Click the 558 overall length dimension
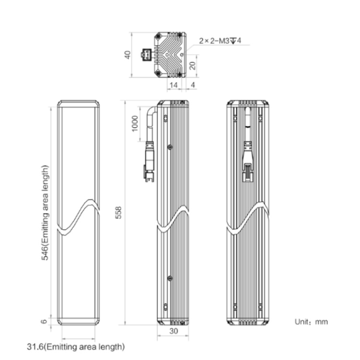[119, 213]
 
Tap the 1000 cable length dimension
[135, 124]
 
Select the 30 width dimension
[174, 331]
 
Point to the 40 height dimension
[128, 55]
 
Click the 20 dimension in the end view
[193, 66]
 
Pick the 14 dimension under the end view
[174, 85]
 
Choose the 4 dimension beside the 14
[193, 85]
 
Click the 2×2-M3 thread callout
[220, 41]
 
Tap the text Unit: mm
[311, 322]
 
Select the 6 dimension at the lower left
[44, 321]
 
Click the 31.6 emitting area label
[76, 347]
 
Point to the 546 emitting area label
[45, 213]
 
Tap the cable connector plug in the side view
[149, 162]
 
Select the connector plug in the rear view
[248, 161]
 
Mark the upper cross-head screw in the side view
[170, 147]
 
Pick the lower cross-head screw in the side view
[170, 278]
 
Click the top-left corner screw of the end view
[158, 36]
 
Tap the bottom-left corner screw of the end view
[158, 73]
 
